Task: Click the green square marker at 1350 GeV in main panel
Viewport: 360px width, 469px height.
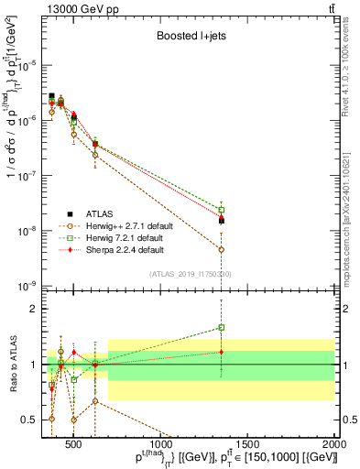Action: coord(221,210)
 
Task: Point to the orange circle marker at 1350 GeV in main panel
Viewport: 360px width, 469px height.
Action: coord(221,249)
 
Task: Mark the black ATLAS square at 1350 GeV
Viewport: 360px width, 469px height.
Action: coord(221,221)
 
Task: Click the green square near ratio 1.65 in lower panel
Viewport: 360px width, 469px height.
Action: coord(221,327)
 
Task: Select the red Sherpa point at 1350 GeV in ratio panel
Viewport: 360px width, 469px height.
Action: coord(221,352)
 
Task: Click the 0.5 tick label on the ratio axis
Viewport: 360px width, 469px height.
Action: coord(30,420)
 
